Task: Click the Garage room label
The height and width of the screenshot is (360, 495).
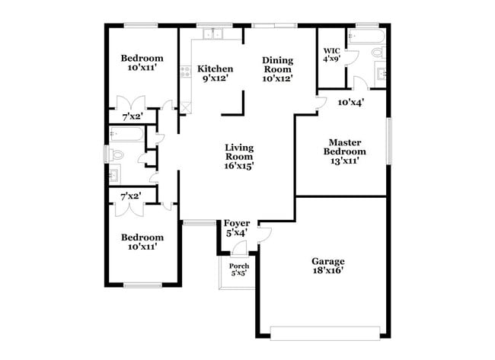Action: (x=328, y=261)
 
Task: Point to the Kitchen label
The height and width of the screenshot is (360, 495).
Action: (x=216, y=68)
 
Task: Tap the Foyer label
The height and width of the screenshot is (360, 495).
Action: (x=237, y=223)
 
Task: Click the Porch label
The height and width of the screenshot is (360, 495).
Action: (x=239, y=266)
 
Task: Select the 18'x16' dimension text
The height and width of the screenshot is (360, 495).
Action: (x=328, y=270)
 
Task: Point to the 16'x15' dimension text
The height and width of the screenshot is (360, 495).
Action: (x=239, y=164)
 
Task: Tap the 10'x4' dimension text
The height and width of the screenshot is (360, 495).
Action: (x=351, y=101)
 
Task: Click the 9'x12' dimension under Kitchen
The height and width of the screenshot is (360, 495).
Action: (x=216, y=78)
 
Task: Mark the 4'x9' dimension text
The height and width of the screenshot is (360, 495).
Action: (x=331, y=59)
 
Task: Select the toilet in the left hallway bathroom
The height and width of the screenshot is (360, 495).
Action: (x=115, y=155)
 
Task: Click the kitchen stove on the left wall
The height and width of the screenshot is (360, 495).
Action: (x=184, y=73)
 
